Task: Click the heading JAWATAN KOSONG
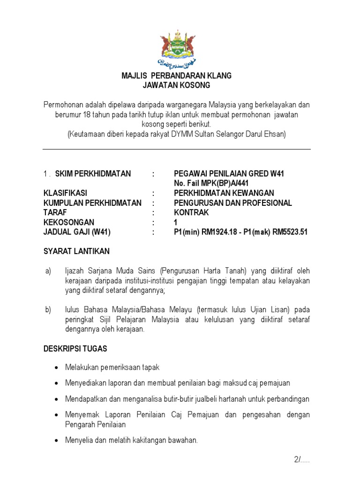[177, 85]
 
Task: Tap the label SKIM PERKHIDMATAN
[93, 174]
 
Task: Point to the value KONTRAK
[191, 212]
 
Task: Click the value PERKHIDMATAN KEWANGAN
[224, 193]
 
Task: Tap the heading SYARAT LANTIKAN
[76, 251]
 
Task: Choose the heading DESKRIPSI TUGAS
[75, 349]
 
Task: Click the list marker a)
[48, 271]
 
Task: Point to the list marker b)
[48, 310]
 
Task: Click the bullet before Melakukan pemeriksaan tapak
[57, 367]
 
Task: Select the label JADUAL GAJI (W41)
[77, 232]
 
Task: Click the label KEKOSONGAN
[69, 222]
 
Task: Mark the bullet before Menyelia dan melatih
[57, 441]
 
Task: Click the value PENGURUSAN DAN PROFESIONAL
[232, 203]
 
